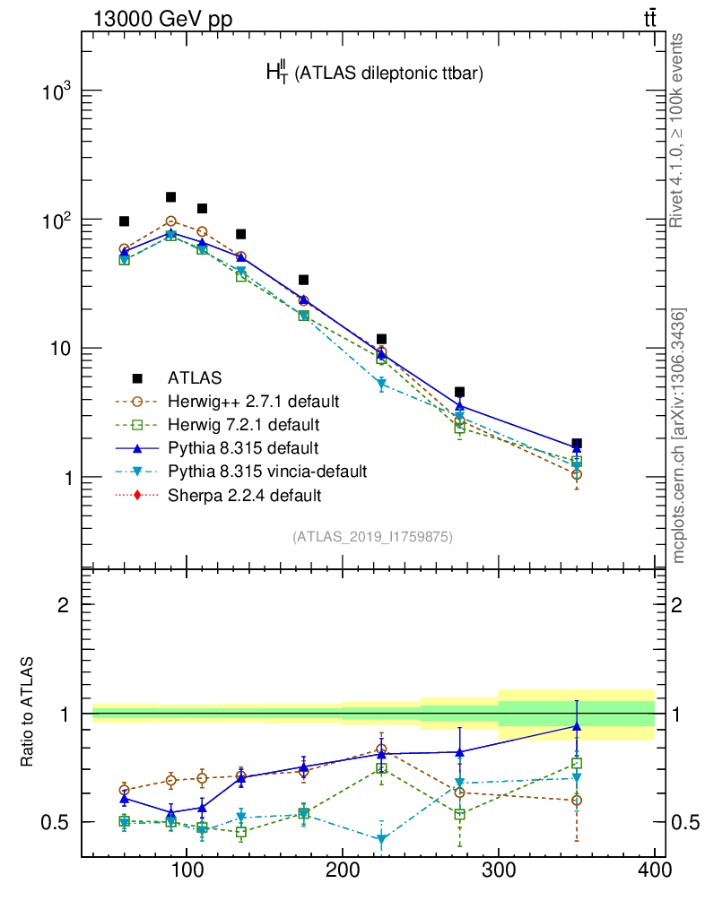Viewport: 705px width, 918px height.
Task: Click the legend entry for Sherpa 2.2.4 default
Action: pyautogui.click(x=244, y=495)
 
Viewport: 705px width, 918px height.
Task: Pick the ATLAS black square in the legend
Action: pyautogui.click(x=138, y=377)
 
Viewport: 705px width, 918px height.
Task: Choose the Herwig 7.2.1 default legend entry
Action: pyautogui.click(x=244, y=423)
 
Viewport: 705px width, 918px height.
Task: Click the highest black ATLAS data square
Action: pyautogui.click(x=170, y=197)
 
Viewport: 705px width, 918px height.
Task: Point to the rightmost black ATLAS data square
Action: pyautogui.click(x=577, y=444)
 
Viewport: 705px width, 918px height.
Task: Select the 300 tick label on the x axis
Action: pyautogui.click(x=498, y=870)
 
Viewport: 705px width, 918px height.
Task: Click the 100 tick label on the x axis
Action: pyautogui.click(x=187, y=870)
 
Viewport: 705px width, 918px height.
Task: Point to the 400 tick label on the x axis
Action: pyautogui.click(x=654, y=870)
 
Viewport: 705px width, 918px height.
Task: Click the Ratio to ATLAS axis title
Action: pyautogui.click(x=29, y=713)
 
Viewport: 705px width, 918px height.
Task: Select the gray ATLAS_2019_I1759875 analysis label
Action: pyautogui.click(x=372, y=537)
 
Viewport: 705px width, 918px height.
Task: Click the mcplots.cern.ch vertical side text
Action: pyautogui.click(x=679, y=435)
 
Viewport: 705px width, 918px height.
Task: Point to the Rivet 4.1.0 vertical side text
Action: pyautogui.click(x=679, y=130)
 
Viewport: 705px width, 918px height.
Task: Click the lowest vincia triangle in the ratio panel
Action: pyautogui.click(x=382, y=840)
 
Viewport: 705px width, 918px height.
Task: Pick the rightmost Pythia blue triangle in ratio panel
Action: pyautogui.click(x=577, y=726)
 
